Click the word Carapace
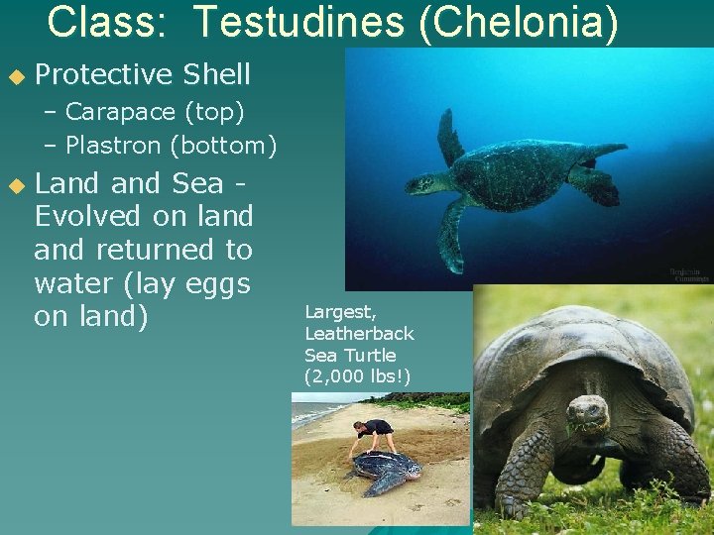[112, 111]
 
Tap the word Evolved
[88, 216]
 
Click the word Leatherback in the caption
[359, 334]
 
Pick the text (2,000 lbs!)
[357, 375]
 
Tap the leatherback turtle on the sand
[382, 471]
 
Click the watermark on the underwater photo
[681, 274]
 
